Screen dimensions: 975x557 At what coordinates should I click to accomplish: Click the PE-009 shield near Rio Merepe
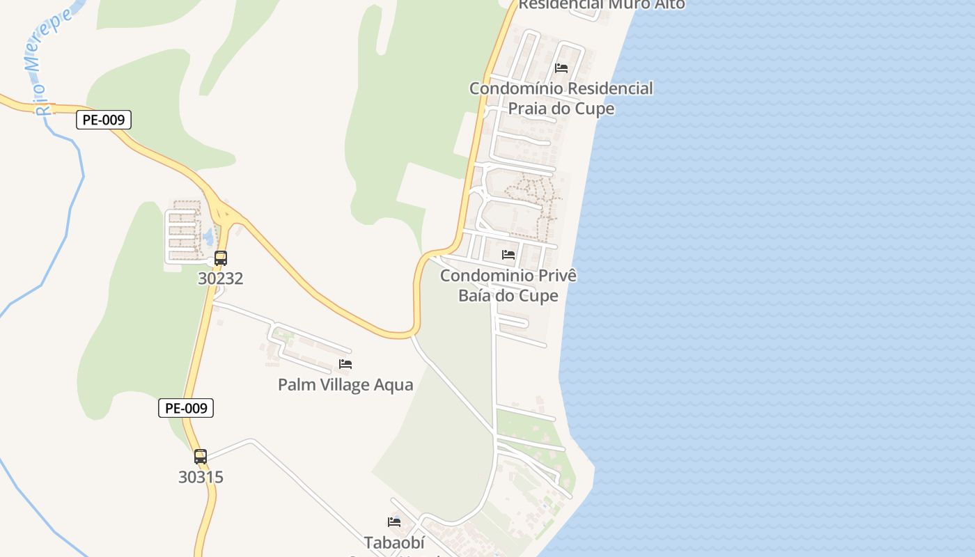click(103, 120)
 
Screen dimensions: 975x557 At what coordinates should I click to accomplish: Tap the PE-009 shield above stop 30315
click(186, 408)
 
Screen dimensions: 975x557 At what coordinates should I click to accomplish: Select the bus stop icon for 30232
click(221, 258)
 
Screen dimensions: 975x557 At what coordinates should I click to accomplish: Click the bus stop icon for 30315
click(201, 457)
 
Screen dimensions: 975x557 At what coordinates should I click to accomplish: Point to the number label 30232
click(221, 278)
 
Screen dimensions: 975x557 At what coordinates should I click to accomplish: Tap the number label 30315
click(201, 477)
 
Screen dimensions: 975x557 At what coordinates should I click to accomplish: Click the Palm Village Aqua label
click(345, 384)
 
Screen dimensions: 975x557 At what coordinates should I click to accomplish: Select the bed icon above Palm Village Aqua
click(345, 364)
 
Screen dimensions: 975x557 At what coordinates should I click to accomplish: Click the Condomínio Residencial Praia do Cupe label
click(561, 98)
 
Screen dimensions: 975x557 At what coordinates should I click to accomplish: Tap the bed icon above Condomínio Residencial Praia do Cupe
click(561, 68)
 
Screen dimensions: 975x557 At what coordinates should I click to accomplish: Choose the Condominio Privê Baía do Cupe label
click(508, 285)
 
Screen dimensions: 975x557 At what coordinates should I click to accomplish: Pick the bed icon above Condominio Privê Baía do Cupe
click(508, 255)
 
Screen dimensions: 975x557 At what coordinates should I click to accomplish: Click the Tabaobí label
click(394, 542)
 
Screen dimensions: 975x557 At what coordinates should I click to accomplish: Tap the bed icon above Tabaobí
click(394, 522)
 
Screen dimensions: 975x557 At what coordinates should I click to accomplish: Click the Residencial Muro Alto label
click(602, 4)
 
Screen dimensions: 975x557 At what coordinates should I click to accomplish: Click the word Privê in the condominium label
click(554, 276)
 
